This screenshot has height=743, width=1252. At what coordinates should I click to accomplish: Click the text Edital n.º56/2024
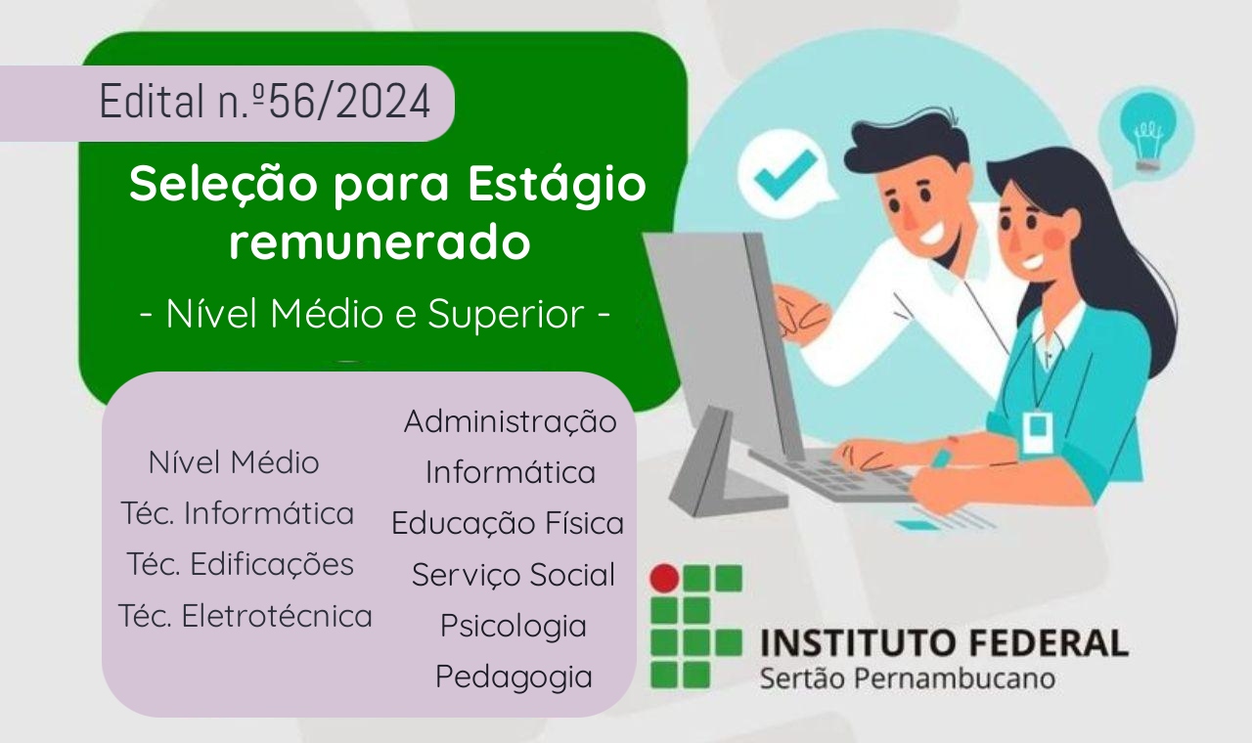point(265,101)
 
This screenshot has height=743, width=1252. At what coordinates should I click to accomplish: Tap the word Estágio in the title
point(558,185)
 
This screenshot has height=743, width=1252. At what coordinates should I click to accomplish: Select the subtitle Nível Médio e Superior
point(375,314)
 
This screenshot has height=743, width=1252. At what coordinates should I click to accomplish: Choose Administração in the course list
point(511,420)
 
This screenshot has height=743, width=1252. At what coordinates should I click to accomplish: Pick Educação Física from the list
point(508,523)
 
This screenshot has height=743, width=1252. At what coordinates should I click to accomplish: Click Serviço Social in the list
point(514,575)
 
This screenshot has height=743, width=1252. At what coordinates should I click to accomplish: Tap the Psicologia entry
point(514,626)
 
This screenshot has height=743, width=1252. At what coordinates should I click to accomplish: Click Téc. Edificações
point(241,564)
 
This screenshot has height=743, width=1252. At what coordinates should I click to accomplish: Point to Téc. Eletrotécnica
point(246,616)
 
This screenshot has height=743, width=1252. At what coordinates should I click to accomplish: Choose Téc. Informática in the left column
point(238,513)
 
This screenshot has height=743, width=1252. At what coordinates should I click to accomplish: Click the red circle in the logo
point(664,578)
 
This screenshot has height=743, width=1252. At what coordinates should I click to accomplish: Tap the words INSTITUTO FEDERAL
point(945,642)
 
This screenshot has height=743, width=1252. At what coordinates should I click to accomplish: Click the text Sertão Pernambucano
point(908,678)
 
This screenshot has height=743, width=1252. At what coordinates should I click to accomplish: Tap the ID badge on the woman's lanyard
point(1037,433)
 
